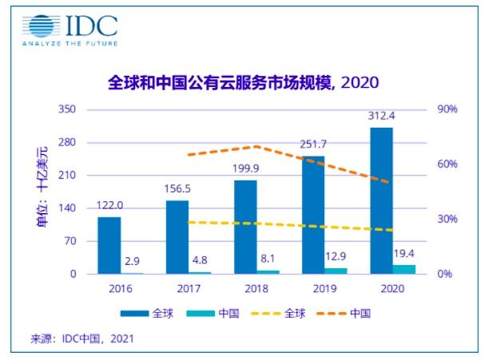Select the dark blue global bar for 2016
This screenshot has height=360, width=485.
coord(109,245)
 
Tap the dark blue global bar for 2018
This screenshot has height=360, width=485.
coord(245,227)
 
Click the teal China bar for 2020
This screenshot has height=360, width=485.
coord(404,269)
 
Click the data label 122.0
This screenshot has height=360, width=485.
coord(109,205)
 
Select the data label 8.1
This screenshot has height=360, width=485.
coord(268,259)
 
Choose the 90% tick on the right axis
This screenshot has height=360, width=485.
coord(447,109)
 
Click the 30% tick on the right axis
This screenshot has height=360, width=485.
coord(447,219)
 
